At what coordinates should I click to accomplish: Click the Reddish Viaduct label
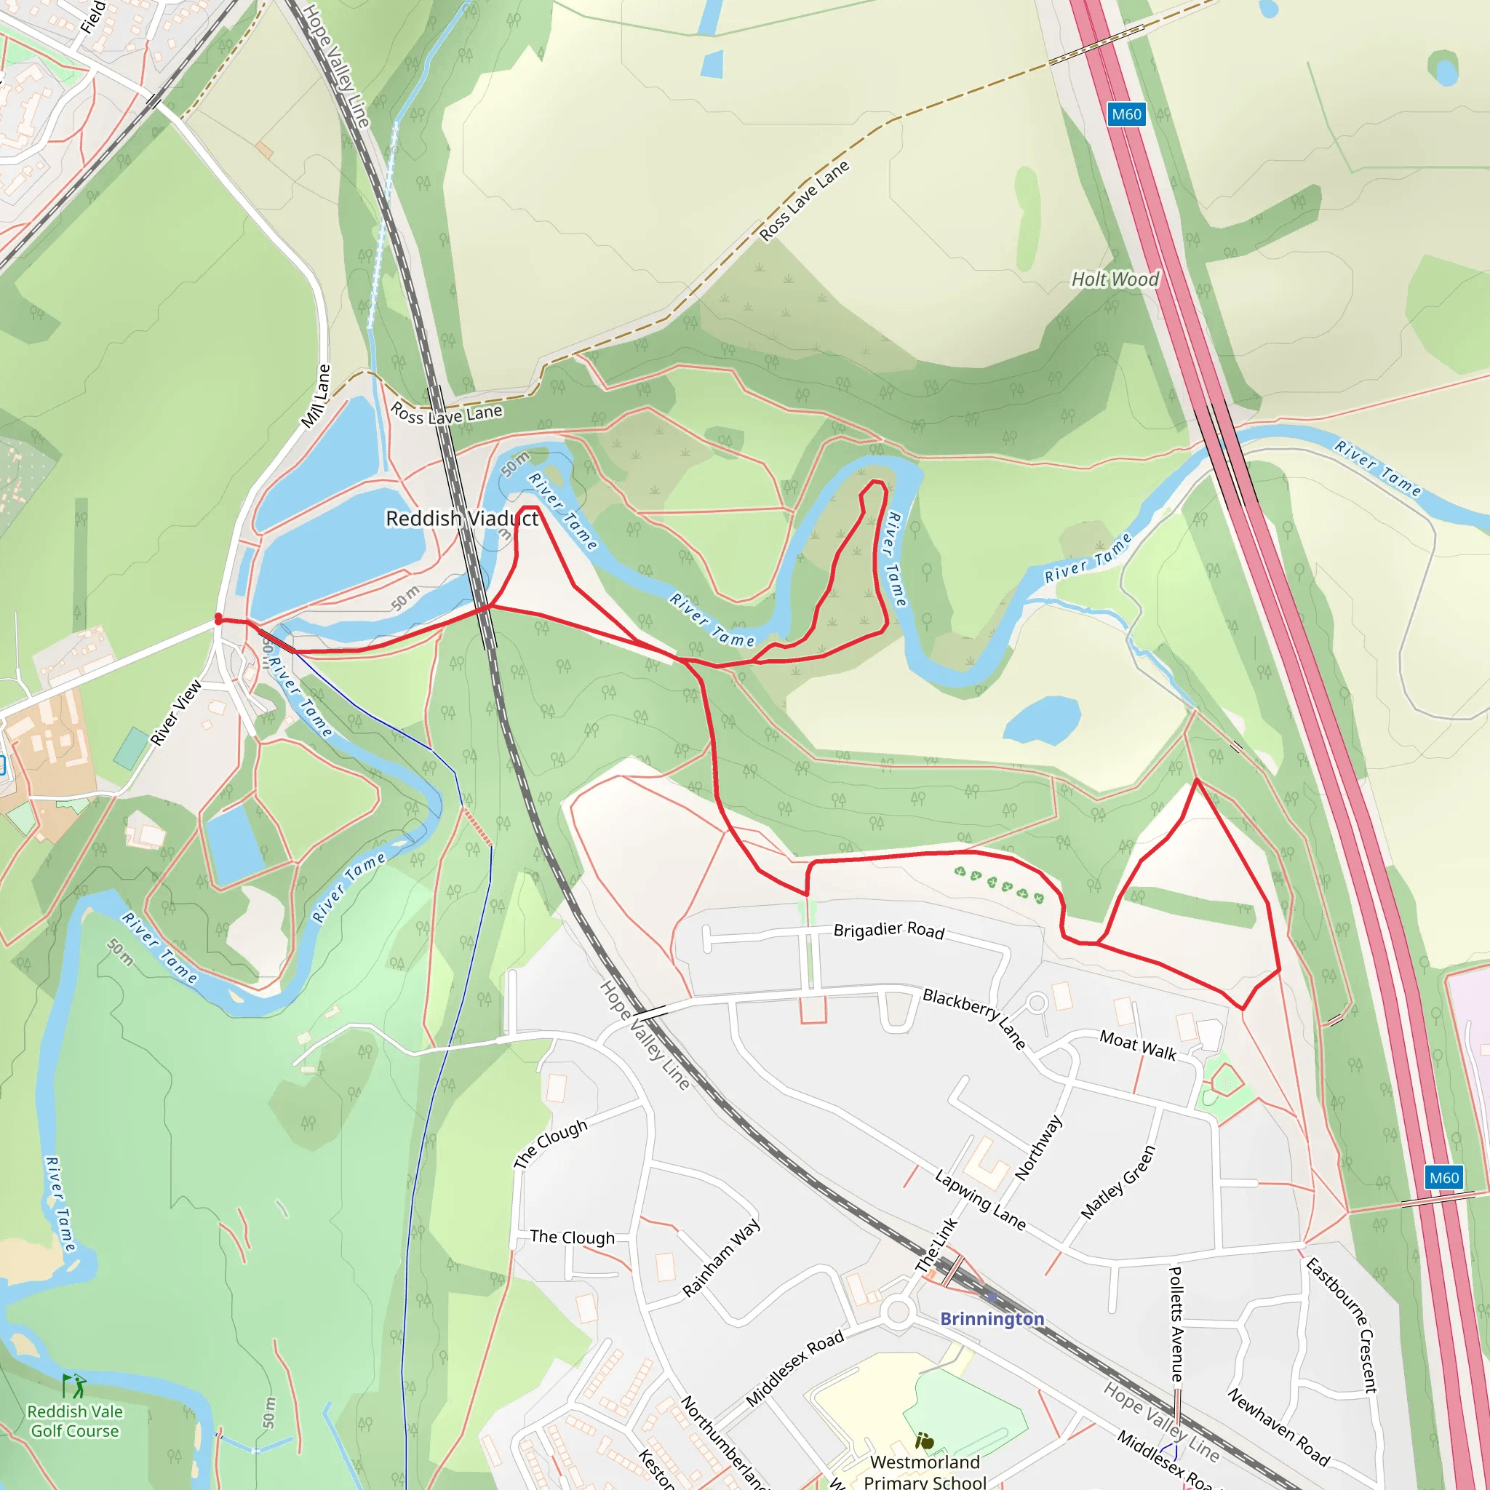tap(461, 518)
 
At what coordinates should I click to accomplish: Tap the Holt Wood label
tap(1115, 279)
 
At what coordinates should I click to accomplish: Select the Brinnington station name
tap(992, 1318)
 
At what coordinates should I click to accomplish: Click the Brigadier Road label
tap(888, 929)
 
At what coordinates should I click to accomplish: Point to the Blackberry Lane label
tap(974, 1018)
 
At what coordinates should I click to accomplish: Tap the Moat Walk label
tap(1138, 1045)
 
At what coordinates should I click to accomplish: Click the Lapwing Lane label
tap(980, 1200)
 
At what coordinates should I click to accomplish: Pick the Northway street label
tap(1038, 1147)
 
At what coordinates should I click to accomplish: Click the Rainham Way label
tap(721, 1257)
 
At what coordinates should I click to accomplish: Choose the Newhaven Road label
tap(1278, 1427)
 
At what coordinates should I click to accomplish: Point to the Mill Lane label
tap(316, 397)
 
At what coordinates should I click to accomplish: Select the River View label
tap(176, 712)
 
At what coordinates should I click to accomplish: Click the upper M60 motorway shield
tap(1126, 114)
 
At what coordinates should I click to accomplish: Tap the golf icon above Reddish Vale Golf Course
tap(75, 1386)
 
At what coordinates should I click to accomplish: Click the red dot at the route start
tap(218, 618)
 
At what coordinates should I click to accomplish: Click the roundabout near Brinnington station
tap(898, 1311)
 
